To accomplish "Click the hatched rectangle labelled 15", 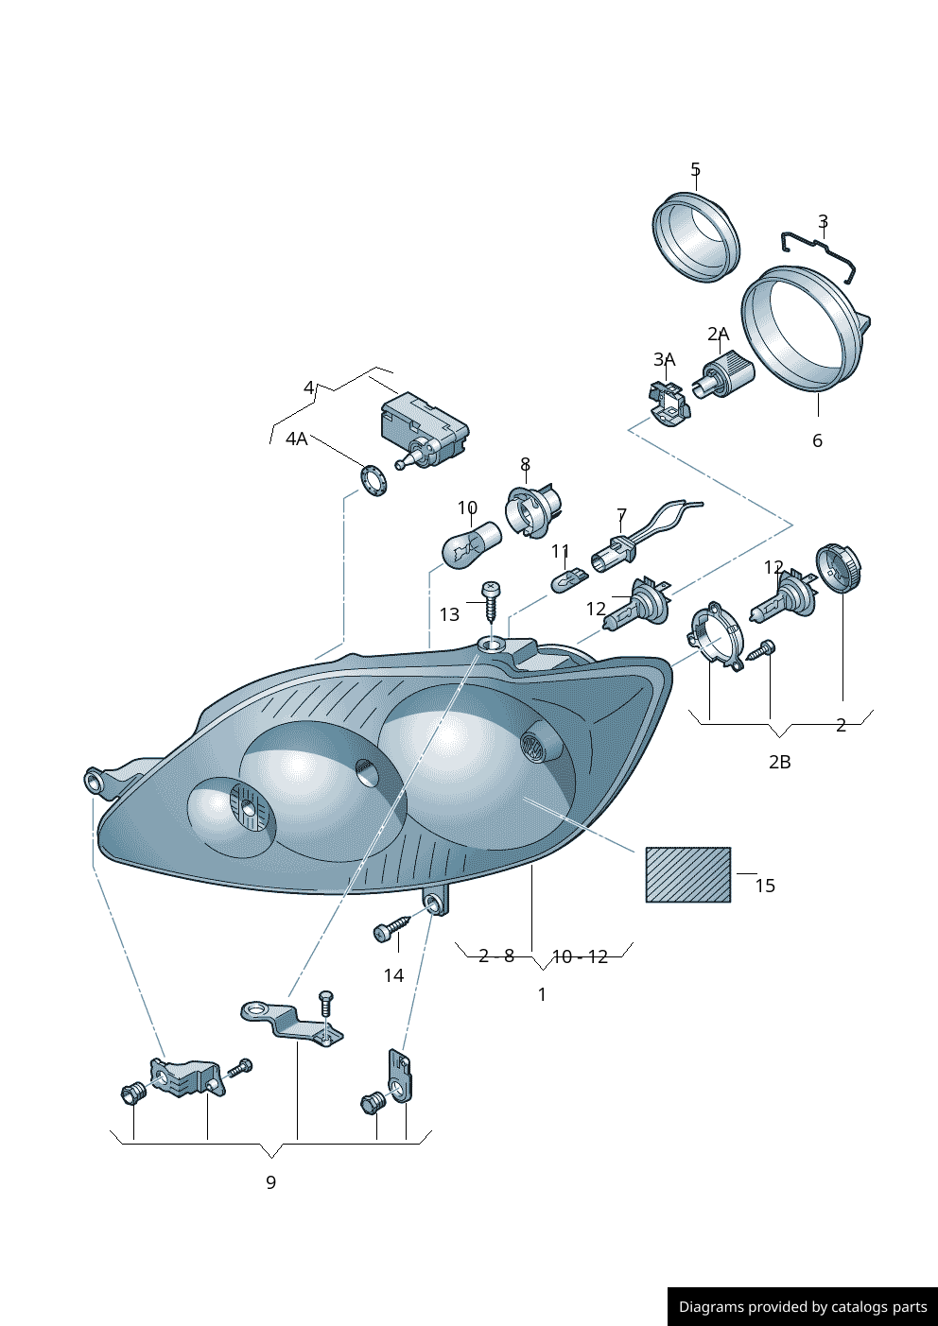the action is pos(688,875).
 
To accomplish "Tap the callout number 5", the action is pos(696,170).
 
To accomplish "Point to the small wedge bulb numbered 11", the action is pos(569,579).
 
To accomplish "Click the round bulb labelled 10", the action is pos(472,543).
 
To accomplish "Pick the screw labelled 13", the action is pos(491,600).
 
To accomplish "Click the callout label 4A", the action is pos(297,439).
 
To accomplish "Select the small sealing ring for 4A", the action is pos(374,481).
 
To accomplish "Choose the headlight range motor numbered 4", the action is pos(424,428).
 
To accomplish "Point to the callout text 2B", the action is pos(780,763).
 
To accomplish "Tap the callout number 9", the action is pos(270,1182).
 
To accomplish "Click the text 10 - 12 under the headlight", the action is pos(580,957).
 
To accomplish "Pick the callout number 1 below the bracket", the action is pos(542,995).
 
